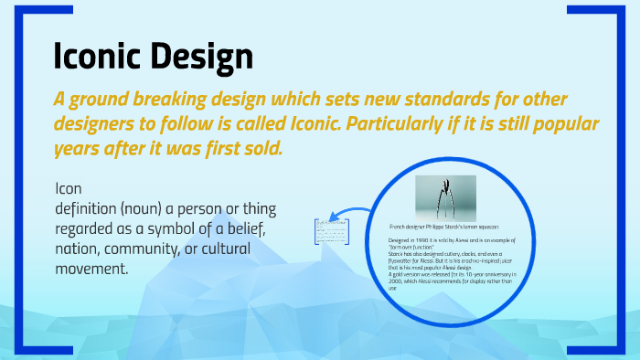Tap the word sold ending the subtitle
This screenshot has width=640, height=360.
[x=260, y=148]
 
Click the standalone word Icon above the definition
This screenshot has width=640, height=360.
[x=69, y=189]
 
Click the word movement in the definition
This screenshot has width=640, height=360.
[x=91, y=269]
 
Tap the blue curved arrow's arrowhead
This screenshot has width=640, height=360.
[x=335, y=218]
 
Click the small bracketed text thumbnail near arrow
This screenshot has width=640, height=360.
[x=325, y=232]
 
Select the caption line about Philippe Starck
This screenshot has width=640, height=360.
[x=444, y=226]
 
